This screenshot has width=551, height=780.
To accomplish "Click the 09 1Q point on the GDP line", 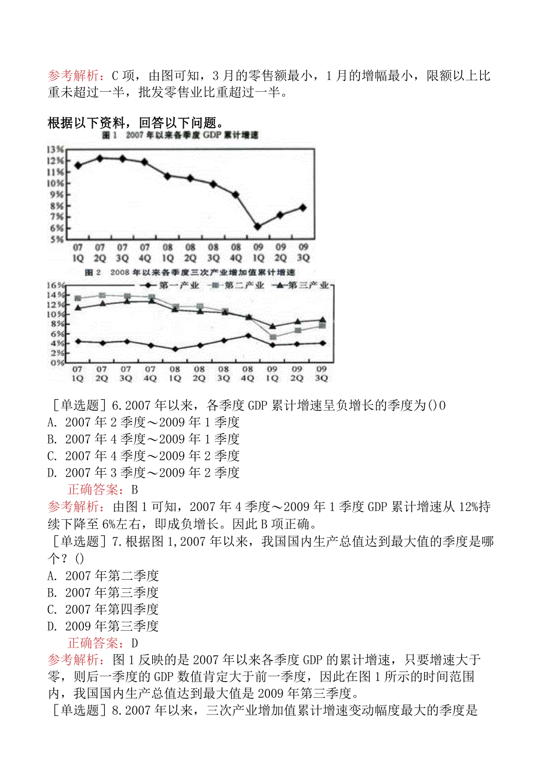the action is pos(258,227).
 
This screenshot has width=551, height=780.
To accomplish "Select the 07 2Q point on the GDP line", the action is pos(100,158).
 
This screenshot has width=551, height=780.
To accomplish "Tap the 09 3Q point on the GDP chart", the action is pos(303,207).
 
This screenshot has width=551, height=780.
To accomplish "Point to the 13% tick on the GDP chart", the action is pos(56,149).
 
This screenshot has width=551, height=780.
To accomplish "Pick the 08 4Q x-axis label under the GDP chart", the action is pos(235,253).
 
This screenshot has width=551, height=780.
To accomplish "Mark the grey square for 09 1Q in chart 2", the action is pos(273,337).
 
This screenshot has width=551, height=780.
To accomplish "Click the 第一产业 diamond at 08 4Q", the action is pos(249,336).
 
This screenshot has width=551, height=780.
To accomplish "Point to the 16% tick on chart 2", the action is pos(56,285).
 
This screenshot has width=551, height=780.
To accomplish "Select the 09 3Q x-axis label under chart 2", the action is pos(321,373).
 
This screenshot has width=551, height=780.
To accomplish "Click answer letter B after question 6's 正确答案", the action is pos(134,490).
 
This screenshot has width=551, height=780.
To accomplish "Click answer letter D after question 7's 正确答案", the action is pos(135,643).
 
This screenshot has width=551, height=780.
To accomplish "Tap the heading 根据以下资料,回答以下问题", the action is pos(135,123).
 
